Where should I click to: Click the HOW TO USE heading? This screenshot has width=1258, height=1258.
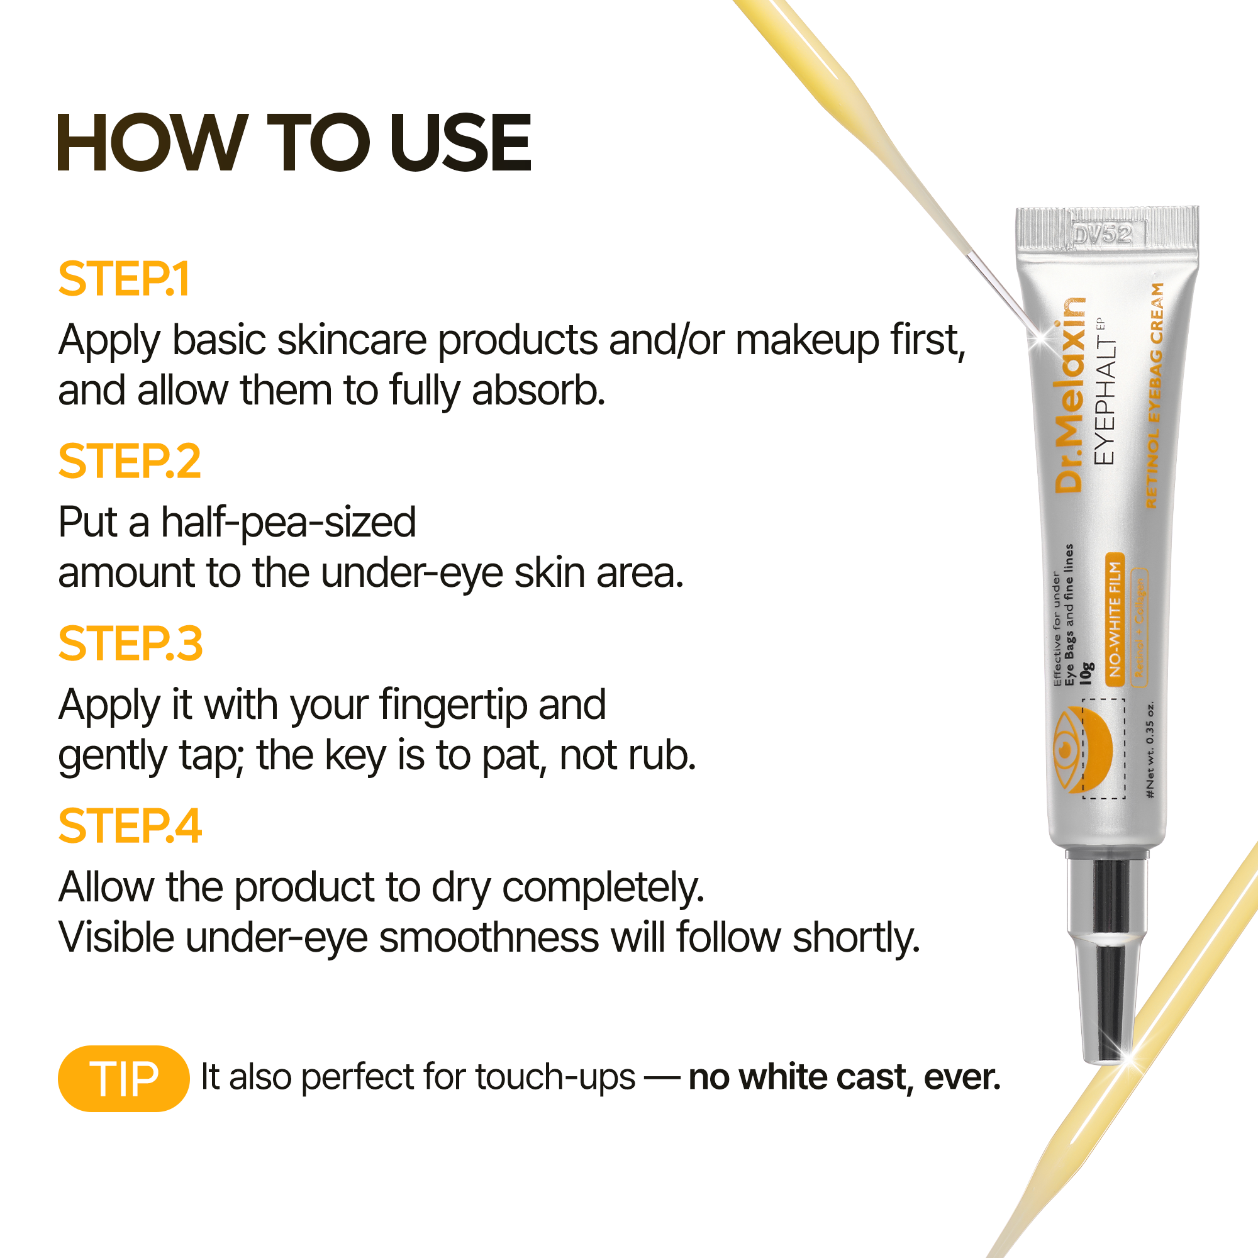(294, 143)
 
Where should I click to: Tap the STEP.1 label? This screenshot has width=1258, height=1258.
(124, 279)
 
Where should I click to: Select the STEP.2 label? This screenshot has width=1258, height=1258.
(130, 462)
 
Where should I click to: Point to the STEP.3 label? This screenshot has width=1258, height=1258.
(130, 644)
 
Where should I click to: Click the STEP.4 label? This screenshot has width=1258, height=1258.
(130, 827)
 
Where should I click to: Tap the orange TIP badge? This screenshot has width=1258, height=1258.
(124, 1078)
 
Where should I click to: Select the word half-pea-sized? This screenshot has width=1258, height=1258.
(289, 523)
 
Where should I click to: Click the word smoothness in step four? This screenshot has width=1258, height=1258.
(488, 938)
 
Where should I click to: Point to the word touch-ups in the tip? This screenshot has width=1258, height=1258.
(555, 1077)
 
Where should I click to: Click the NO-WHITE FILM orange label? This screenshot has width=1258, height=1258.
(1115, 619)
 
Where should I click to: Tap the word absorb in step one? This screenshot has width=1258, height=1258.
(538, 391)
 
